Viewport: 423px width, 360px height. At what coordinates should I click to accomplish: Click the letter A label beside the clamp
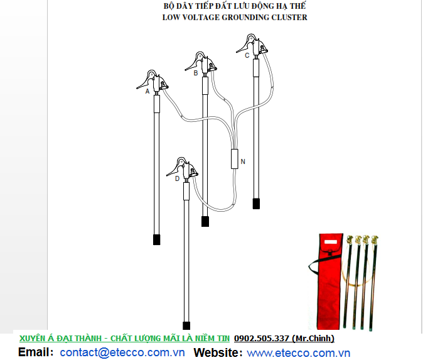coord(147,91)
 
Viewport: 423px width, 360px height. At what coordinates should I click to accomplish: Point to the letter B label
coord(196,73)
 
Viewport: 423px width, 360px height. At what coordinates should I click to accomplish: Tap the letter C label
coord(247,55)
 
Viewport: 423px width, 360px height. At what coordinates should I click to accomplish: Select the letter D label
coord(177,178)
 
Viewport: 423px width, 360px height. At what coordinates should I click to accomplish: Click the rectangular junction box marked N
coord(235,159)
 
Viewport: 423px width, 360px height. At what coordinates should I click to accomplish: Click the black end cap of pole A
coord(157,239)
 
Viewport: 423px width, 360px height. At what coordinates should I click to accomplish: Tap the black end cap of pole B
coord(205,221)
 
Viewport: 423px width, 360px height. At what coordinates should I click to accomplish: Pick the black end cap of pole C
coord(256,204)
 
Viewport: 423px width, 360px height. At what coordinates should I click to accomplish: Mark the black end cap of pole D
coord(186,325)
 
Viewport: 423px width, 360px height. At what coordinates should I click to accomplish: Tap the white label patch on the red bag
coord(331,242)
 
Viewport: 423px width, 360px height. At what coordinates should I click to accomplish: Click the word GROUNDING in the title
coord(245,18)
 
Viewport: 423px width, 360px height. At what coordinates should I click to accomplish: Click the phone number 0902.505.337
coord(262,339)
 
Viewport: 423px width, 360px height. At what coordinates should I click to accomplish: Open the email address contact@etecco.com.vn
coord(122,352)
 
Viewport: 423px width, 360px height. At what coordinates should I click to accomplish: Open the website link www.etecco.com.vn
coord(298,353)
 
